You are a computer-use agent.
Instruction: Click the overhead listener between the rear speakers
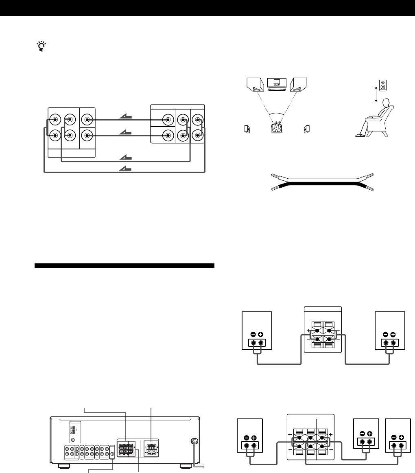click(x=277, y=128)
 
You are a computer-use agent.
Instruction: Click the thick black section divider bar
click(x=124, y=266)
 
